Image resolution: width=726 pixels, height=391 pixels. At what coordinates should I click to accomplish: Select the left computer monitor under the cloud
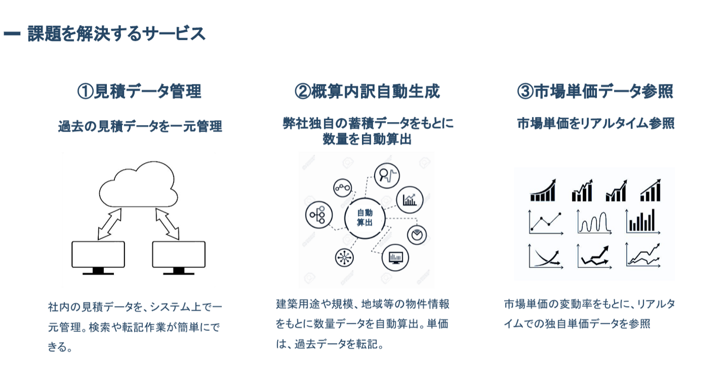pos(98,255)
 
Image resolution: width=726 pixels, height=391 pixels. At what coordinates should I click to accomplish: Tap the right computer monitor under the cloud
pos(178,255)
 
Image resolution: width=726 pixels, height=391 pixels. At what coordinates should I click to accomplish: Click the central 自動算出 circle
pos(365,218)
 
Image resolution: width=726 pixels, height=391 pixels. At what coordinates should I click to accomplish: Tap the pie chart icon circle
pos(417,235)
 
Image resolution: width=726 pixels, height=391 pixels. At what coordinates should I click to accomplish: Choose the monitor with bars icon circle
pos(395,258)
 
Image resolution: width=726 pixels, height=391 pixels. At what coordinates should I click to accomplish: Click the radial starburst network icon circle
pos(344,257)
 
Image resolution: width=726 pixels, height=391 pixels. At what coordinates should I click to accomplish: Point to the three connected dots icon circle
pos(343,188)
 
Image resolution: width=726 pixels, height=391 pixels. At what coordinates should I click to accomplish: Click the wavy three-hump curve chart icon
pos(594,222)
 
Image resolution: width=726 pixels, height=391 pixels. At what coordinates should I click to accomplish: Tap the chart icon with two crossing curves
pos(544,256)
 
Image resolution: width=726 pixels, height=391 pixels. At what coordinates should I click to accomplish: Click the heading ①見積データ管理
pos(139,91)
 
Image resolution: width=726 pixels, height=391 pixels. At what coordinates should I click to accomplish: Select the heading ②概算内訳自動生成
pos(367,91)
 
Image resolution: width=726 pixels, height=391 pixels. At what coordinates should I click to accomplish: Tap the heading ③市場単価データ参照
pos(595,91)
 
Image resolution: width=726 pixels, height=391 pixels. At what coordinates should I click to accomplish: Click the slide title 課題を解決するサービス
pos(116,34)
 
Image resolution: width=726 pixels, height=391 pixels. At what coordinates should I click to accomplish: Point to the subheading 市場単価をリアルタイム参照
pos(595,124)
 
